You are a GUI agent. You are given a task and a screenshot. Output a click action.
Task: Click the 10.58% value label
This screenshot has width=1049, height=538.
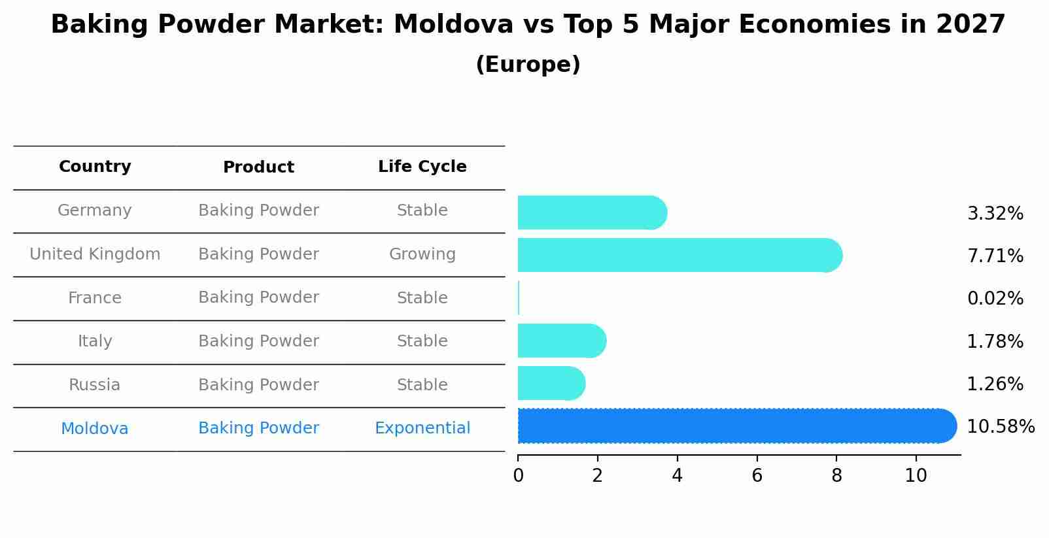(x=1000, y=427)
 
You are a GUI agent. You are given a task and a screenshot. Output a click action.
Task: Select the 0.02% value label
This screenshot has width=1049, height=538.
(x=995, y=299)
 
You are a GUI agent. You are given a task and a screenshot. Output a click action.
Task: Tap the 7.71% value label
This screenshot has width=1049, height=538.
(x=995, y=256)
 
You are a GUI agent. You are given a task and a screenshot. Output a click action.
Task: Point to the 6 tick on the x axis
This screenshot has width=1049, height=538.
(x=757, y=476)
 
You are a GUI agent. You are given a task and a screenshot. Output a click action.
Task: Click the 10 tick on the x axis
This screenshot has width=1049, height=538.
(x=916, y=476)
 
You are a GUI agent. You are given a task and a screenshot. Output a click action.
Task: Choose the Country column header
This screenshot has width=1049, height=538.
(x=95, y=167)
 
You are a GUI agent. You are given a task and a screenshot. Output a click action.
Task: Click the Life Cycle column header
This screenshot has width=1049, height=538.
(x=422, y=167)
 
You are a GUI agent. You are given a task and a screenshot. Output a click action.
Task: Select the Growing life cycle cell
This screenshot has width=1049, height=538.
(x=422, y=254)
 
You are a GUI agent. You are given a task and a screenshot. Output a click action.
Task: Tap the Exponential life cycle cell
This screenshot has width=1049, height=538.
(x=422, y=428)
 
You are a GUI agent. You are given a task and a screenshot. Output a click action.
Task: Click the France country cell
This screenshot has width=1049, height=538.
(x=95, y=298)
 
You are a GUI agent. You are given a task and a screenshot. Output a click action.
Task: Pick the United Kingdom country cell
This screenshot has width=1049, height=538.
(x=95, y=254)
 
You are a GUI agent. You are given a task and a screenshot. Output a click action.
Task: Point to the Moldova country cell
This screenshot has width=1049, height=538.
(x=95, y=429)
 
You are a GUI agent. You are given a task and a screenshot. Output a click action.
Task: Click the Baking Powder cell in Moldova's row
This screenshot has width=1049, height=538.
(x=258, y=428)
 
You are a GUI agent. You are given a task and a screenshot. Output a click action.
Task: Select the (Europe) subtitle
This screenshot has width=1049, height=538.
(x=528, y=65)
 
